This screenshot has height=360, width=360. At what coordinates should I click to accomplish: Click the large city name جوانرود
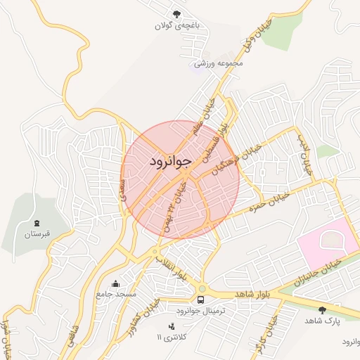[x=171, y=162]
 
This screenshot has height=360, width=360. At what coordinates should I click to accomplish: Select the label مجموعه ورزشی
[x=219, y=63]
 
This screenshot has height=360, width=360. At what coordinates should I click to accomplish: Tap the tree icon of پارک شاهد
[x=322, y=309]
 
